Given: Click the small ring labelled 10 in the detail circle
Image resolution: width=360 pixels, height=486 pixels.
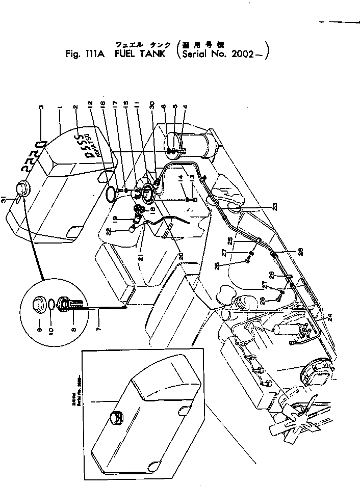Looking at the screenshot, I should pyautogui.click(x=52, y=305).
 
